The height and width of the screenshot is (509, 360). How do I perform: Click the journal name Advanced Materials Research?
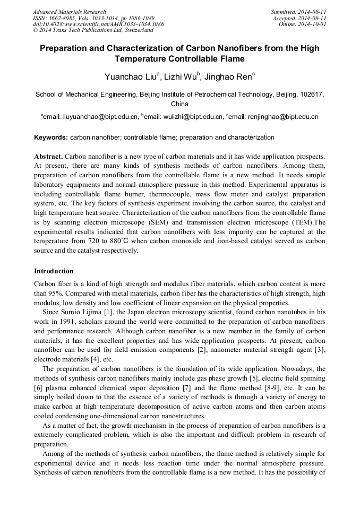pyautogui.click(x=69, y=12)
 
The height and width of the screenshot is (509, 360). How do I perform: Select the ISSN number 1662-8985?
pyautogui.click(x=65, y=18)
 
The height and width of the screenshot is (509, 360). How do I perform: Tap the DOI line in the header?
pyautogui.click(x=98, y=24)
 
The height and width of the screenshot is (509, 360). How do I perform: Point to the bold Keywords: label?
pyautogui.click(x=51, y=137)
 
